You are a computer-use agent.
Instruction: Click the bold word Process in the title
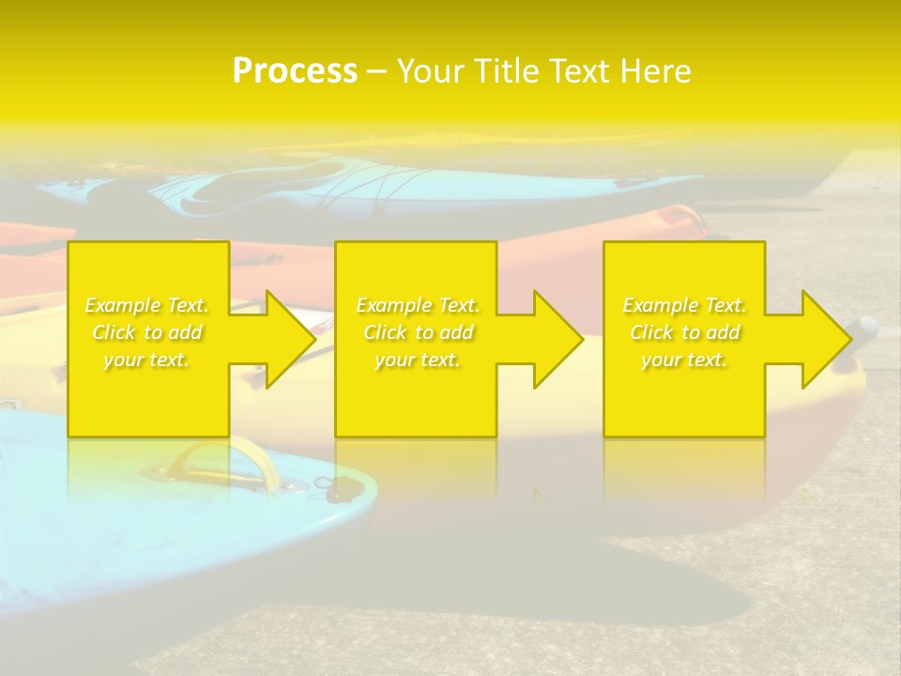pos(295,71)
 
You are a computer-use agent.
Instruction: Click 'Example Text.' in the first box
pos(147,305)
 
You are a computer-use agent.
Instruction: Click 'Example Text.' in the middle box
pos(418,305)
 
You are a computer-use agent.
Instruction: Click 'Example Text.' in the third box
pos(684,305)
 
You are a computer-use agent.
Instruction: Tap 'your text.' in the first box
pos(147,360)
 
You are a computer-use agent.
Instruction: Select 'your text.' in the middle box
pos(418,360)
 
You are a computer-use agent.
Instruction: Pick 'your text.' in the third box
pos(684,360)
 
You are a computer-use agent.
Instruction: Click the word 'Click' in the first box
pos(114,332)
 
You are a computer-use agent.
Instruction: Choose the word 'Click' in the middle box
pos(385,332)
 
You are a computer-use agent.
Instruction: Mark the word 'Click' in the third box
pos(651,332)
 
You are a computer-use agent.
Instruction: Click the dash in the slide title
pos(376,71)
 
